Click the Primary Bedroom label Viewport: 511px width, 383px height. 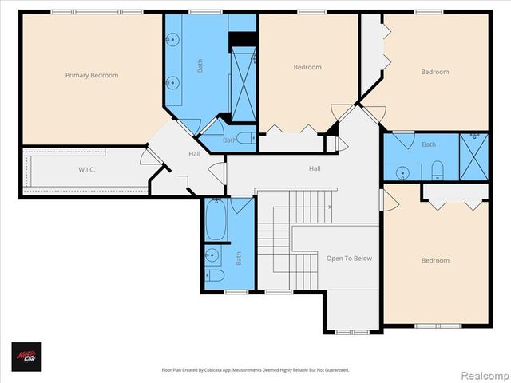92,75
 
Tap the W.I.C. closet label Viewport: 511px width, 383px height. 88,169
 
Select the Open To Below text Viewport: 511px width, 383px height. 349,259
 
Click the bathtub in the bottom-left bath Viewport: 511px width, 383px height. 216,220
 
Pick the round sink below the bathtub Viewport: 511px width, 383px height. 212,255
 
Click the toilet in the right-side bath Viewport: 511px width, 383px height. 437,169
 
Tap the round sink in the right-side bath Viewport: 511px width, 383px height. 403,172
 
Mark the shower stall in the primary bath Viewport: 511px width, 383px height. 242,84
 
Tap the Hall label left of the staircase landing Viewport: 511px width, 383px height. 194,154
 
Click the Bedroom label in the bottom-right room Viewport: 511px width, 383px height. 435,260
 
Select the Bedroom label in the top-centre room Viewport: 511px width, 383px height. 307,67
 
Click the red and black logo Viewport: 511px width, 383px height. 26,356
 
